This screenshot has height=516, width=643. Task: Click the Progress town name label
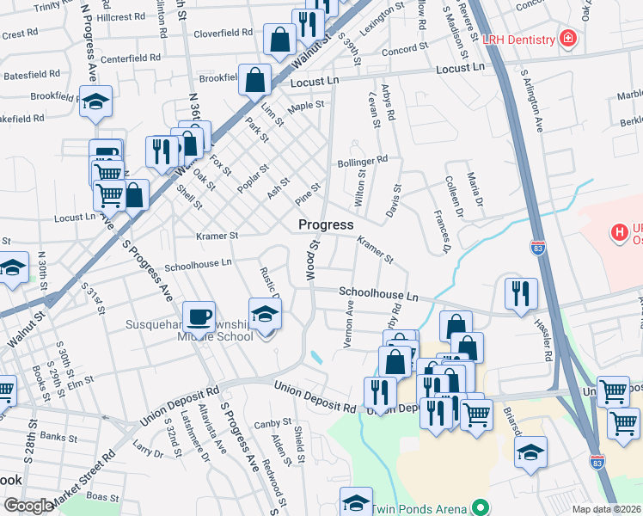coord(326,224)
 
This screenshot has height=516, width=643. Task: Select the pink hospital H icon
coord(617,232)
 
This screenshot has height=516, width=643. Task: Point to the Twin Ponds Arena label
coord(421,509)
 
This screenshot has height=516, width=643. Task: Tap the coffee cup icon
coord(199,316)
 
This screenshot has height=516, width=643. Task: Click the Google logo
coord(28,506)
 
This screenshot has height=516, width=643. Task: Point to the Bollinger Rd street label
coord(363,159)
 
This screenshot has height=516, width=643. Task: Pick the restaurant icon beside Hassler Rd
coord(521,294)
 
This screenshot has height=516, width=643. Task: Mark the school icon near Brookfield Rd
coord(96,101)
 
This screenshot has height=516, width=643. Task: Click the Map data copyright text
coord(607,509)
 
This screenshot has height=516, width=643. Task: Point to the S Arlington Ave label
coord(538,105)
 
